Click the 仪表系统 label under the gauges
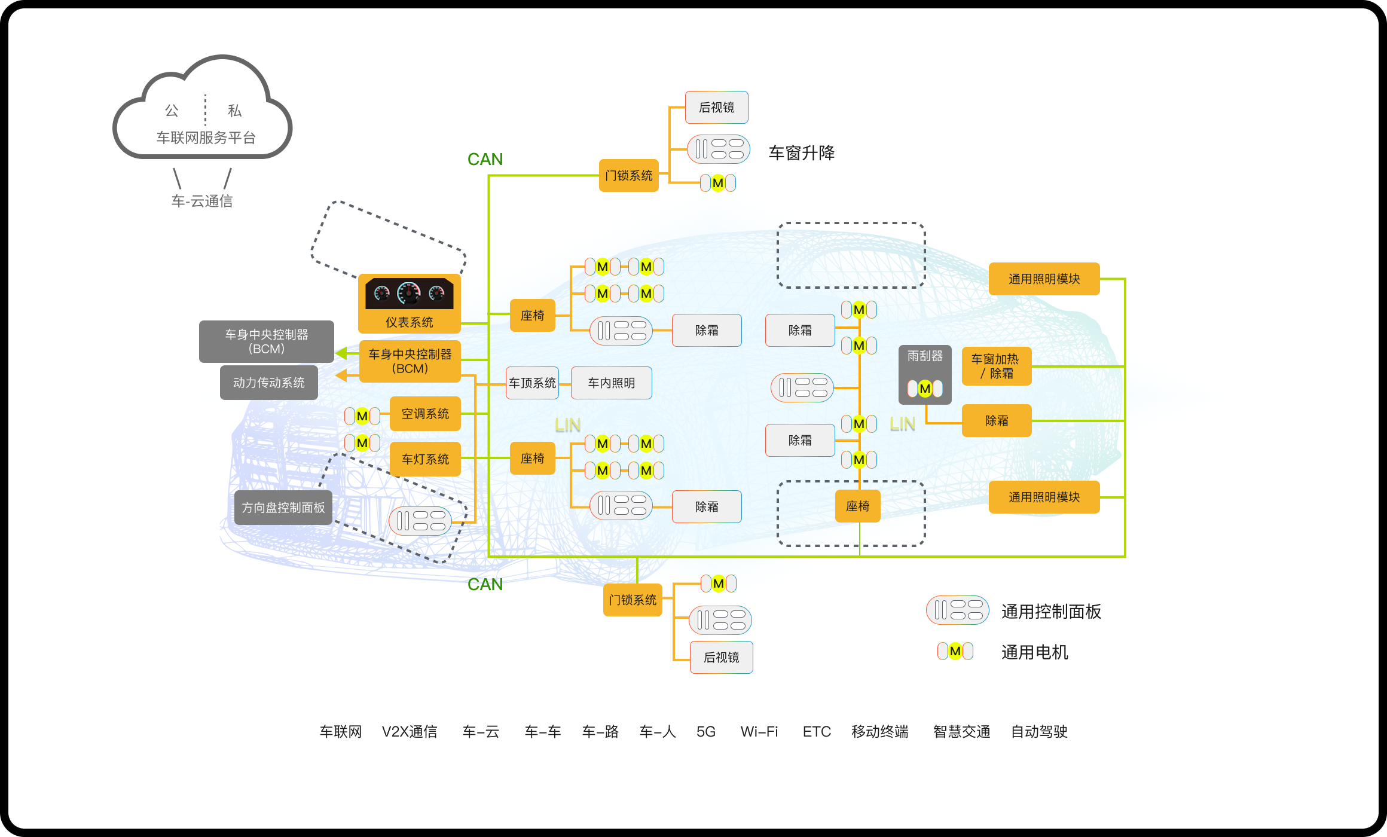click(x=409, y=322)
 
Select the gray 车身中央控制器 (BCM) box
click(x=266, y=341)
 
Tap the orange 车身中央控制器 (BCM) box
click(x=410, y=361)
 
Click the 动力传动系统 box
click(x=268, y=383)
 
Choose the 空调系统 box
click(x=424, y=414)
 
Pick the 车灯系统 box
click(x=424, y=459)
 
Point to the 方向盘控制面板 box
click(x=283, y=508)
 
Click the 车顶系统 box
click(x=532, y=383)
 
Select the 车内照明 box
click(x=611, y=383)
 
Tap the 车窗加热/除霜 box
click(x=996, y=366)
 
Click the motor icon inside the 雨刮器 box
click(x=925, y=389)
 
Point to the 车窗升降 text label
click(x=801, y=153)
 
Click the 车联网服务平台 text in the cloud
click(x=206, y=138)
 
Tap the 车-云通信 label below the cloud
click(x=202, y=201)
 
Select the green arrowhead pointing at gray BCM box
click(x=342, y=353)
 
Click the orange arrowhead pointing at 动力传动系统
click(x=342, y=375)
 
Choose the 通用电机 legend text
click(x=1034, y=652)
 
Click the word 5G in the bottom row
click(x=705, y=732)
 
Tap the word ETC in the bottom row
click(x=817, y=732)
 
